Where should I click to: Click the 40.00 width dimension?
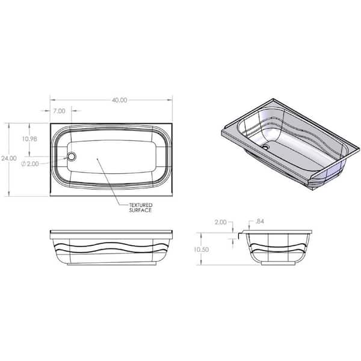(120, 100)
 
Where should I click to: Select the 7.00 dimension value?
(59, 111)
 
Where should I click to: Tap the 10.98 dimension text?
(29, 139)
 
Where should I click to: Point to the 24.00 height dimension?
(9, 158)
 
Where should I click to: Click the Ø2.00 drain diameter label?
(30, 164)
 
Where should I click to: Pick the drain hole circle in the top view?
(72, 156)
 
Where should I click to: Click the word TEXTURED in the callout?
(140, 205)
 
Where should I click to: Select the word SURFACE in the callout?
(140, 210)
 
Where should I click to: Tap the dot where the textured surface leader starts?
(97, 158)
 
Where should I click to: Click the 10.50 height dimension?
(201, 250)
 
